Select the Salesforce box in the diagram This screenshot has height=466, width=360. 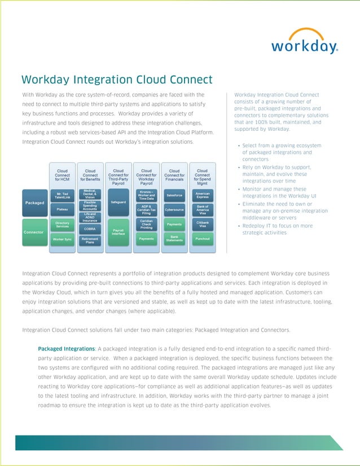click(174, 195)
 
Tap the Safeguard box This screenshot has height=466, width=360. click(118, 202)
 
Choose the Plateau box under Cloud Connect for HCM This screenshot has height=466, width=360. click(62, 209)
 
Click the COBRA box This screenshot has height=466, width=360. click(90, 229)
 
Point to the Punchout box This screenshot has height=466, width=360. click(202, 239)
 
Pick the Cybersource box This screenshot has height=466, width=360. click(174, 209)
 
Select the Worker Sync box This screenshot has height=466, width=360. click(62, 239)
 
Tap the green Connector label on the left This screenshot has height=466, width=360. click(34, 232)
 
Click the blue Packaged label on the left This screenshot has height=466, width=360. click(34, 203)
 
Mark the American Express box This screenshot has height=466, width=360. click(202, 195)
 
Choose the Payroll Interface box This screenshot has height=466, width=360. click(118, 232)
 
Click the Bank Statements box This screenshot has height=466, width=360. click(174, 239)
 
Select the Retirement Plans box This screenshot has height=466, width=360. click(90, 240)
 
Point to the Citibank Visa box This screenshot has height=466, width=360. click(202, 225)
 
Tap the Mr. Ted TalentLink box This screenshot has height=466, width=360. click(62, 195)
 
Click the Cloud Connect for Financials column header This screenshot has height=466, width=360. click(174, 176)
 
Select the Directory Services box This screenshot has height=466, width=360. click(62, 225)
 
